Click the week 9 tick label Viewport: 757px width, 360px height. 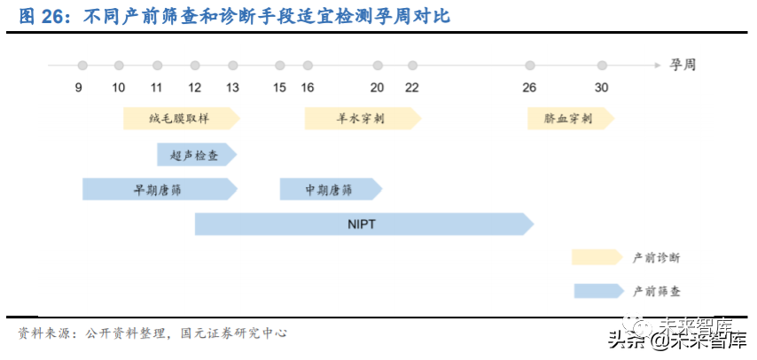tap(79, 87)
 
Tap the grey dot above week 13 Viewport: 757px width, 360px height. tap(233, 66)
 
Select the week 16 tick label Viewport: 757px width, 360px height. tap(308, 87)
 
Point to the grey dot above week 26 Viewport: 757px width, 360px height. tap(530, 66)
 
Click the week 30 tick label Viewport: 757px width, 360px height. tap(602, 87)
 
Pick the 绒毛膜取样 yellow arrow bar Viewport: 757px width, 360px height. tap(181, 118)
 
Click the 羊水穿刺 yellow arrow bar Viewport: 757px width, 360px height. tap(362, 118)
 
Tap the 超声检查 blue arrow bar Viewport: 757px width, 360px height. tap(197, 155)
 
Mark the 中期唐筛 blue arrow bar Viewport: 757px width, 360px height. tap(330, 189)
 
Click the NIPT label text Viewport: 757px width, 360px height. tap(362, 224)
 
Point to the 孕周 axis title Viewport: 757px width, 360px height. tap(683, 65)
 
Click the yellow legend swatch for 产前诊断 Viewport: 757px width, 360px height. tap(597, 257)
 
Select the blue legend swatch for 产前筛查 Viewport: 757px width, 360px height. tap(598, 290)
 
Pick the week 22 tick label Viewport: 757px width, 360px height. tap(412, 87)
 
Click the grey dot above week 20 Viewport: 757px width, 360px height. tap(378, 66)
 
